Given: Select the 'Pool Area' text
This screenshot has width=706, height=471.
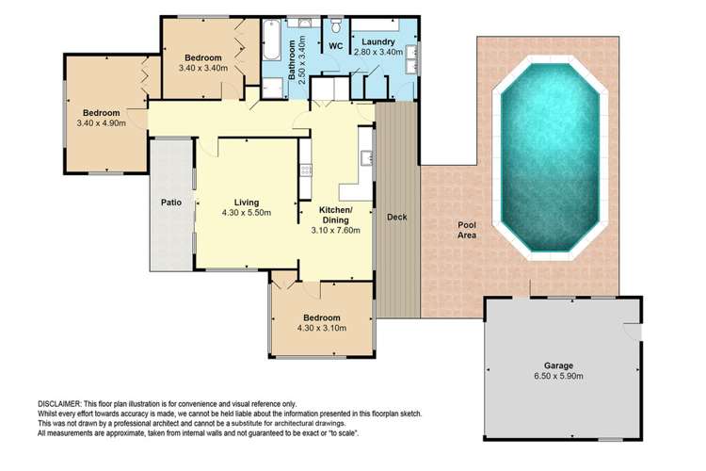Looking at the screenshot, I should tap(467, 230).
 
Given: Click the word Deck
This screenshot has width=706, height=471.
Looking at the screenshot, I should tap(396, 218).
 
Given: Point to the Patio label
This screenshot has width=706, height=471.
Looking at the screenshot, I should tap(170, 201).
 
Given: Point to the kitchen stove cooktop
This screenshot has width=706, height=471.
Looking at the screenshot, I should tap(305, 171).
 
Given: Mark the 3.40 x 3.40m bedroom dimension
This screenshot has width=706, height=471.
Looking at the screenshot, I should tap(203, 69).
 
